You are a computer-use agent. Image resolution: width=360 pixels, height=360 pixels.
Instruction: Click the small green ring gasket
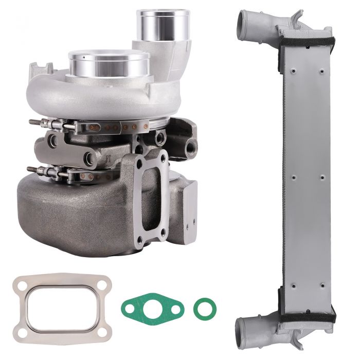click(205, 308)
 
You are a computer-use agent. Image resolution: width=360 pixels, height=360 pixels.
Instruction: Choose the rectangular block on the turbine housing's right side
click(189, 203)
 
